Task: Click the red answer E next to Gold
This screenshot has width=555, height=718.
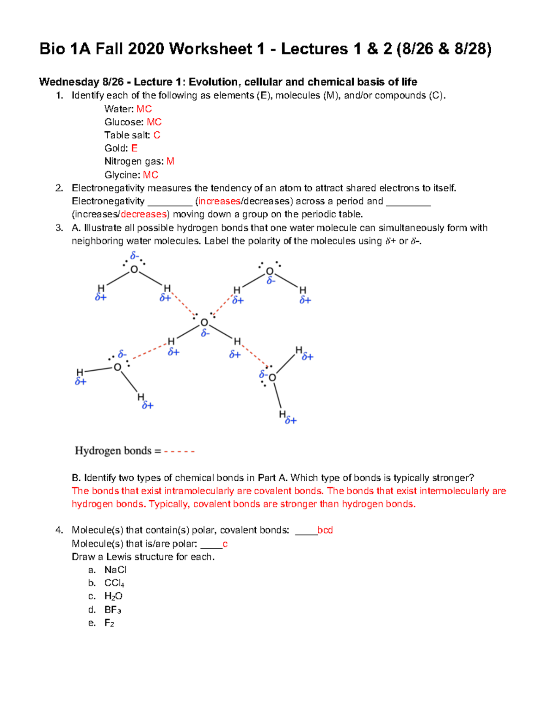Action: (x=134, y=148)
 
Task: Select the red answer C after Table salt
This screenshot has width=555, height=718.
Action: (x=157, y=135)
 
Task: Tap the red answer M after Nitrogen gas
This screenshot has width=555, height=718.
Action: (x=170, y=161)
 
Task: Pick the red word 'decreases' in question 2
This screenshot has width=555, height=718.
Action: (x=143, y=215)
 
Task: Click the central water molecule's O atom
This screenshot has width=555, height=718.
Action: (x=204, y=323)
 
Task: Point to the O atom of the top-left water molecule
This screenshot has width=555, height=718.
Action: (x=134, y=270)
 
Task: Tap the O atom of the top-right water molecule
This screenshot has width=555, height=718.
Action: (x=270, y=271)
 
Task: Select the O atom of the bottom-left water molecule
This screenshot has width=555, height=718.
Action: (x=117, y=368)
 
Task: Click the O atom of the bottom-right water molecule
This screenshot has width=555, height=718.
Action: (x=272, y=378)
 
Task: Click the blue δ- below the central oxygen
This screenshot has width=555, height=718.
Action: (x=205, y=333)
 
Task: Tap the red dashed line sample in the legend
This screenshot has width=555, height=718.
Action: (x=179, y=451)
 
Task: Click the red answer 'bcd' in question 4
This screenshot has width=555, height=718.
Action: (x=325, y=530)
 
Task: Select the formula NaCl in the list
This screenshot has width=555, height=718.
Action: (x=115, y=570)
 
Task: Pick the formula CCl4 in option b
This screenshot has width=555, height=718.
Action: (x=114, y=583)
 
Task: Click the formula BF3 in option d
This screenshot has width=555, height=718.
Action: (x=112, y=610)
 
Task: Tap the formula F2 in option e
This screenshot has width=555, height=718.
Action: (x=109, y=623)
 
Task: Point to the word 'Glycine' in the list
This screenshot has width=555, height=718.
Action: (x=121, y=175)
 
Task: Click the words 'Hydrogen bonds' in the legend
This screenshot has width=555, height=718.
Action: (x=113, y=451)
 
